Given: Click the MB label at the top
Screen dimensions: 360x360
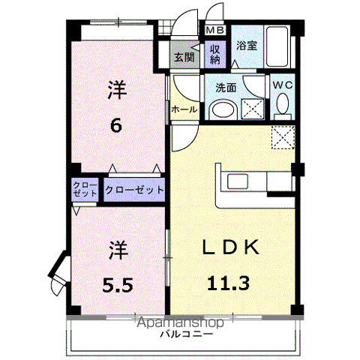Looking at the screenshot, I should (214, 31).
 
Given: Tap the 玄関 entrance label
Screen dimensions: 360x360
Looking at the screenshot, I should (183, 57).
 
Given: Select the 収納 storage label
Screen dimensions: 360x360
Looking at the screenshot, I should (215, 55).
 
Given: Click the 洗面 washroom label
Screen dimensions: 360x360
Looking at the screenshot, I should (226, 88).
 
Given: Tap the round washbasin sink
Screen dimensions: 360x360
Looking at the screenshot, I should (223, 109).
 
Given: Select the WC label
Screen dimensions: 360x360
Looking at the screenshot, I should (282, 85).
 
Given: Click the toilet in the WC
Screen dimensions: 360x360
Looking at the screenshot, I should (282, 109).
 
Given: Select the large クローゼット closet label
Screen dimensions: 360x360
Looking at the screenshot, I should (135, 190).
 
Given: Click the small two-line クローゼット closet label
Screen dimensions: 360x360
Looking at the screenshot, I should (84, 190).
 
